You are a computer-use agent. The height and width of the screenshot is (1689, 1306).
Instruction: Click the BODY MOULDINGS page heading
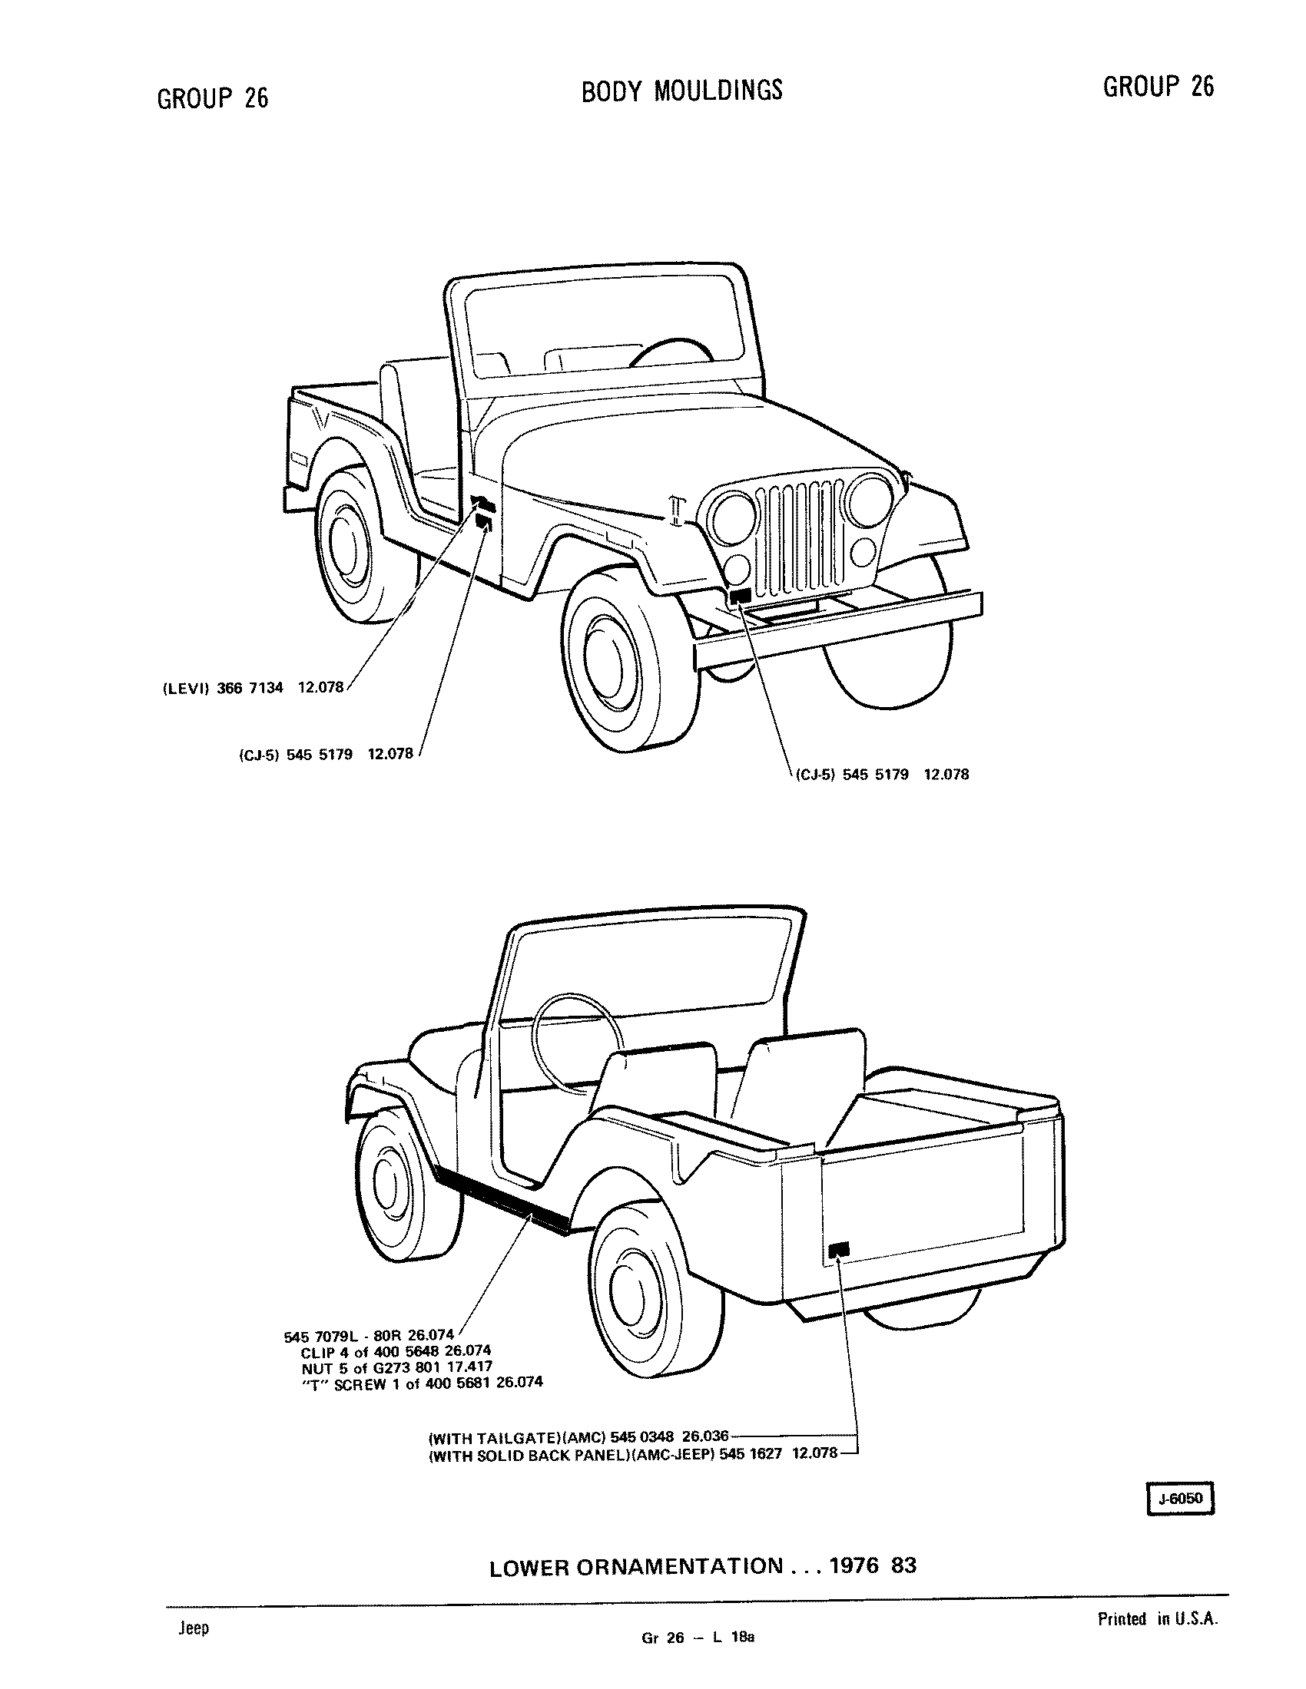click(681, 91)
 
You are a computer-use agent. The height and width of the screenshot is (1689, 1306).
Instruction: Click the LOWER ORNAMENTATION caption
click(637, 1567)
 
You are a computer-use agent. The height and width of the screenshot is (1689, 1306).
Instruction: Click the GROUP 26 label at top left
click(213, 98)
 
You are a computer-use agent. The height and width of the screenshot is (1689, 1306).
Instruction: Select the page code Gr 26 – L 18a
click(696, 1658)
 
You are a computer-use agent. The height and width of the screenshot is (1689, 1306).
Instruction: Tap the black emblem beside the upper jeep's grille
click(741, 596)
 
